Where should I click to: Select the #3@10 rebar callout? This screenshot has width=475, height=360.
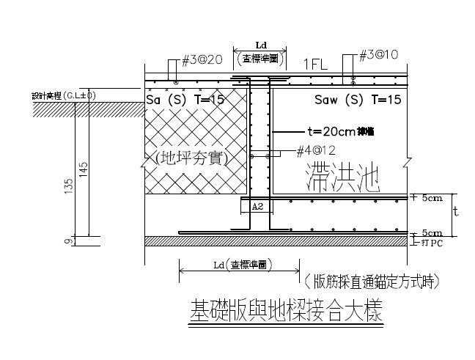379,56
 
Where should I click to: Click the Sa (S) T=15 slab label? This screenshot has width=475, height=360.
185,99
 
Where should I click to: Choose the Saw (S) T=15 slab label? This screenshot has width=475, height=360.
357,99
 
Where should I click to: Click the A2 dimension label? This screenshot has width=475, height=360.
257,207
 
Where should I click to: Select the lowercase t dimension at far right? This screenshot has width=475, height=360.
455,212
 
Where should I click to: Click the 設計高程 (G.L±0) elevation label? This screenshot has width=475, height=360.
64,95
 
